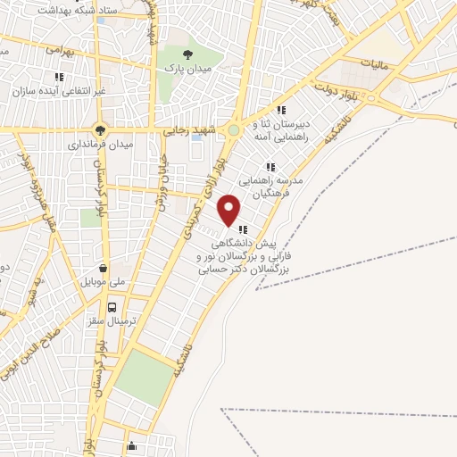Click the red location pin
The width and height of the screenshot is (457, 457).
229,210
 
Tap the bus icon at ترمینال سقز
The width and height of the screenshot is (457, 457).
112,308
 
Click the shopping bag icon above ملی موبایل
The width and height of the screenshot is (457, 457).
104,267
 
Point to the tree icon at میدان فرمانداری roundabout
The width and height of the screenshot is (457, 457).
99,128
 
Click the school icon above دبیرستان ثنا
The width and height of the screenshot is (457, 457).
281,110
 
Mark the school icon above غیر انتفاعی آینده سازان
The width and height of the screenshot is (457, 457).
58,78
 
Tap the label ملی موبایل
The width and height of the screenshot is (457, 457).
106,281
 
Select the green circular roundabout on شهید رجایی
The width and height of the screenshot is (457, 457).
234,130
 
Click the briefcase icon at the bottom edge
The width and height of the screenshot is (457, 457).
131,446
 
